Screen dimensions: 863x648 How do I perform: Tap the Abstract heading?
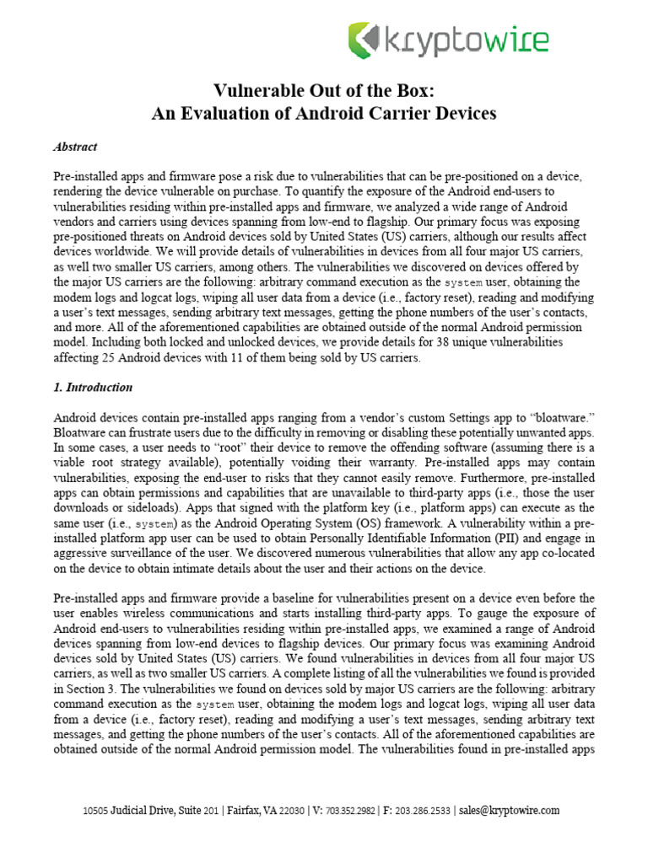pos(75,147)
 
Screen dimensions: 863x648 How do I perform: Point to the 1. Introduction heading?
pos(93,388)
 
